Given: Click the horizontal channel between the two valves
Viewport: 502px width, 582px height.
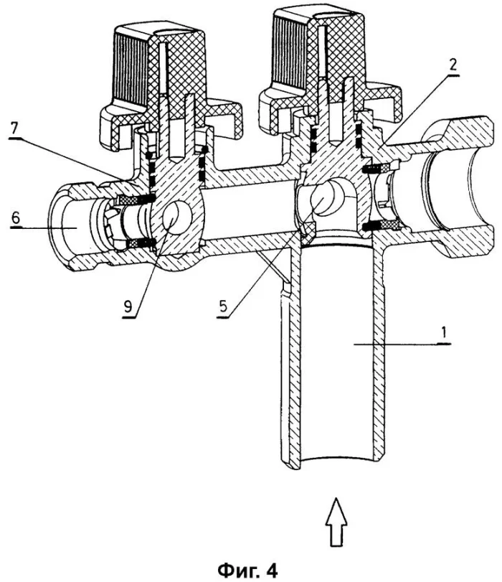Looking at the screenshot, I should [247, 215].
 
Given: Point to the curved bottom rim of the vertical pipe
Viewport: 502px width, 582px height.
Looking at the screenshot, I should [337, 458].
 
